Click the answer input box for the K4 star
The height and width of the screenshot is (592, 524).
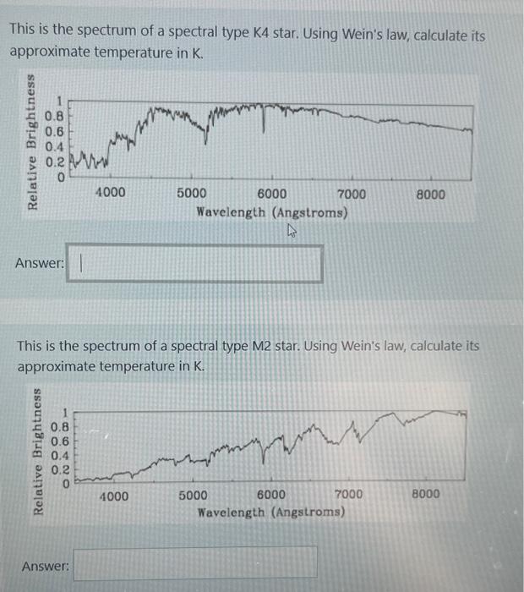coord(194,263)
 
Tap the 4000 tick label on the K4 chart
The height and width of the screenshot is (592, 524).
coord(110,193)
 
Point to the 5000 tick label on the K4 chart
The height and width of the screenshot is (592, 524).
coord(193,194)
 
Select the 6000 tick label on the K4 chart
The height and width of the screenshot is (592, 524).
coord(271,194)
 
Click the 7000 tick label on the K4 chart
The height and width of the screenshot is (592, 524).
coord(351,194)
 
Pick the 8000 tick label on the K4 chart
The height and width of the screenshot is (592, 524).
coord(431,194)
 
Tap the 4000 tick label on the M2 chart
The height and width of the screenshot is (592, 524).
coord(114,496)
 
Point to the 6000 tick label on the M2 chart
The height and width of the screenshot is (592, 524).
coord(271,496)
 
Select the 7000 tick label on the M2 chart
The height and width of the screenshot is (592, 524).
coord(349,495)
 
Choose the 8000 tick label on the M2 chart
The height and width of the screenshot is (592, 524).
coord(426,494)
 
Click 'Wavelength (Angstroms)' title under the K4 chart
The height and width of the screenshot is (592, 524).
coord(271,212)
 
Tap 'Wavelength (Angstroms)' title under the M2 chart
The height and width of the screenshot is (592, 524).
coord(270,513)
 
